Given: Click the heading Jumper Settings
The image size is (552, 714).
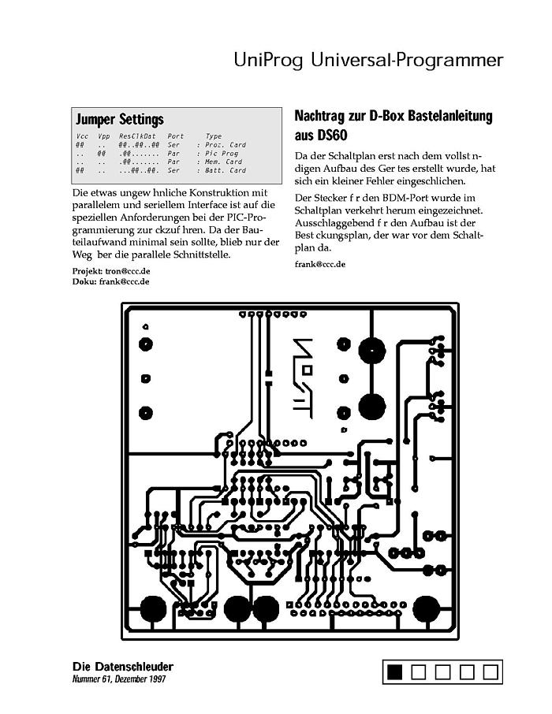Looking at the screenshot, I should (x=119, y=120).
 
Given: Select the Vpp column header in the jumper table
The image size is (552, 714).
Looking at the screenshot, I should (x=103, y=137).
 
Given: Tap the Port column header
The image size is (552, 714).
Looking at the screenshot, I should (x=176, y=137).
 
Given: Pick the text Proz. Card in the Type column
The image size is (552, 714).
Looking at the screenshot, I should (x=226, y=145).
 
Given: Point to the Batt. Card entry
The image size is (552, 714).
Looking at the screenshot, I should (x=226, y=170).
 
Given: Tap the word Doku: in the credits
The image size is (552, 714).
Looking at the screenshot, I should (x=84, y=281).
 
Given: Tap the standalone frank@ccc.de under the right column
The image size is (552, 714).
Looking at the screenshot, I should (x=320, y=264).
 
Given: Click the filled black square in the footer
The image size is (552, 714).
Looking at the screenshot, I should (x=395, y=671).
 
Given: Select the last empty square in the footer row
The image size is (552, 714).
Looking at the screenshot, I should (x=490, y=671).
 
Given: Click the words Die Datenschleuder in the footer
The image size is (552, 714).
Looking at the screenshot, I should (x=122, y=667).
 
